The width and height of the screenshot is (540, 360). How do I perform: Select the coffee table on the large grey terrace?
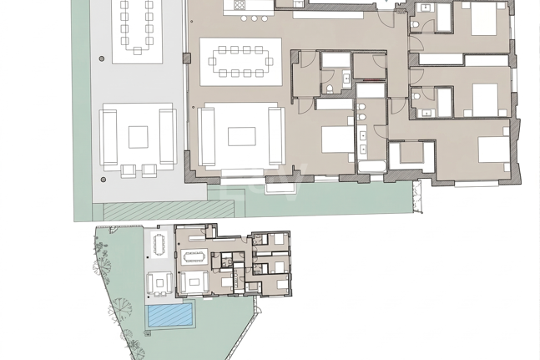click(138, 136)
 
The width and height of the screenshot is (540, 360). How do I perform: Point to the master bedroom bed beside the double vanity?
click(339, 139)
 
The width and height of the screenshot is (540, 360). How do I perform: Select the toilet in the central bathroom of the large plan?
click(331, 88)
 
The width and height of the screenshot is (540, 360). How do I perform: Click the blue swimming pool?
click(170, 316)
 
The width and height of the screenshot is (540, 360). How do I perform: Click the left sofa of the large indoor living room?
click(208, 136)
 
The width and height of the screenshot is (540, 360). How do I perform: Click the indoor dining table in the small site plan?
click(194, 256)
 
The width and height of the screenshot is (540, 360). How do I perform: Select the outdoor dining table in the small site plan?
click(159, 245)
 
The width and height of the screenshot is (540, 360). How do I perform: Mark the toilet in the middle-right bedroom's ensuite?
click(416, 97)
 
